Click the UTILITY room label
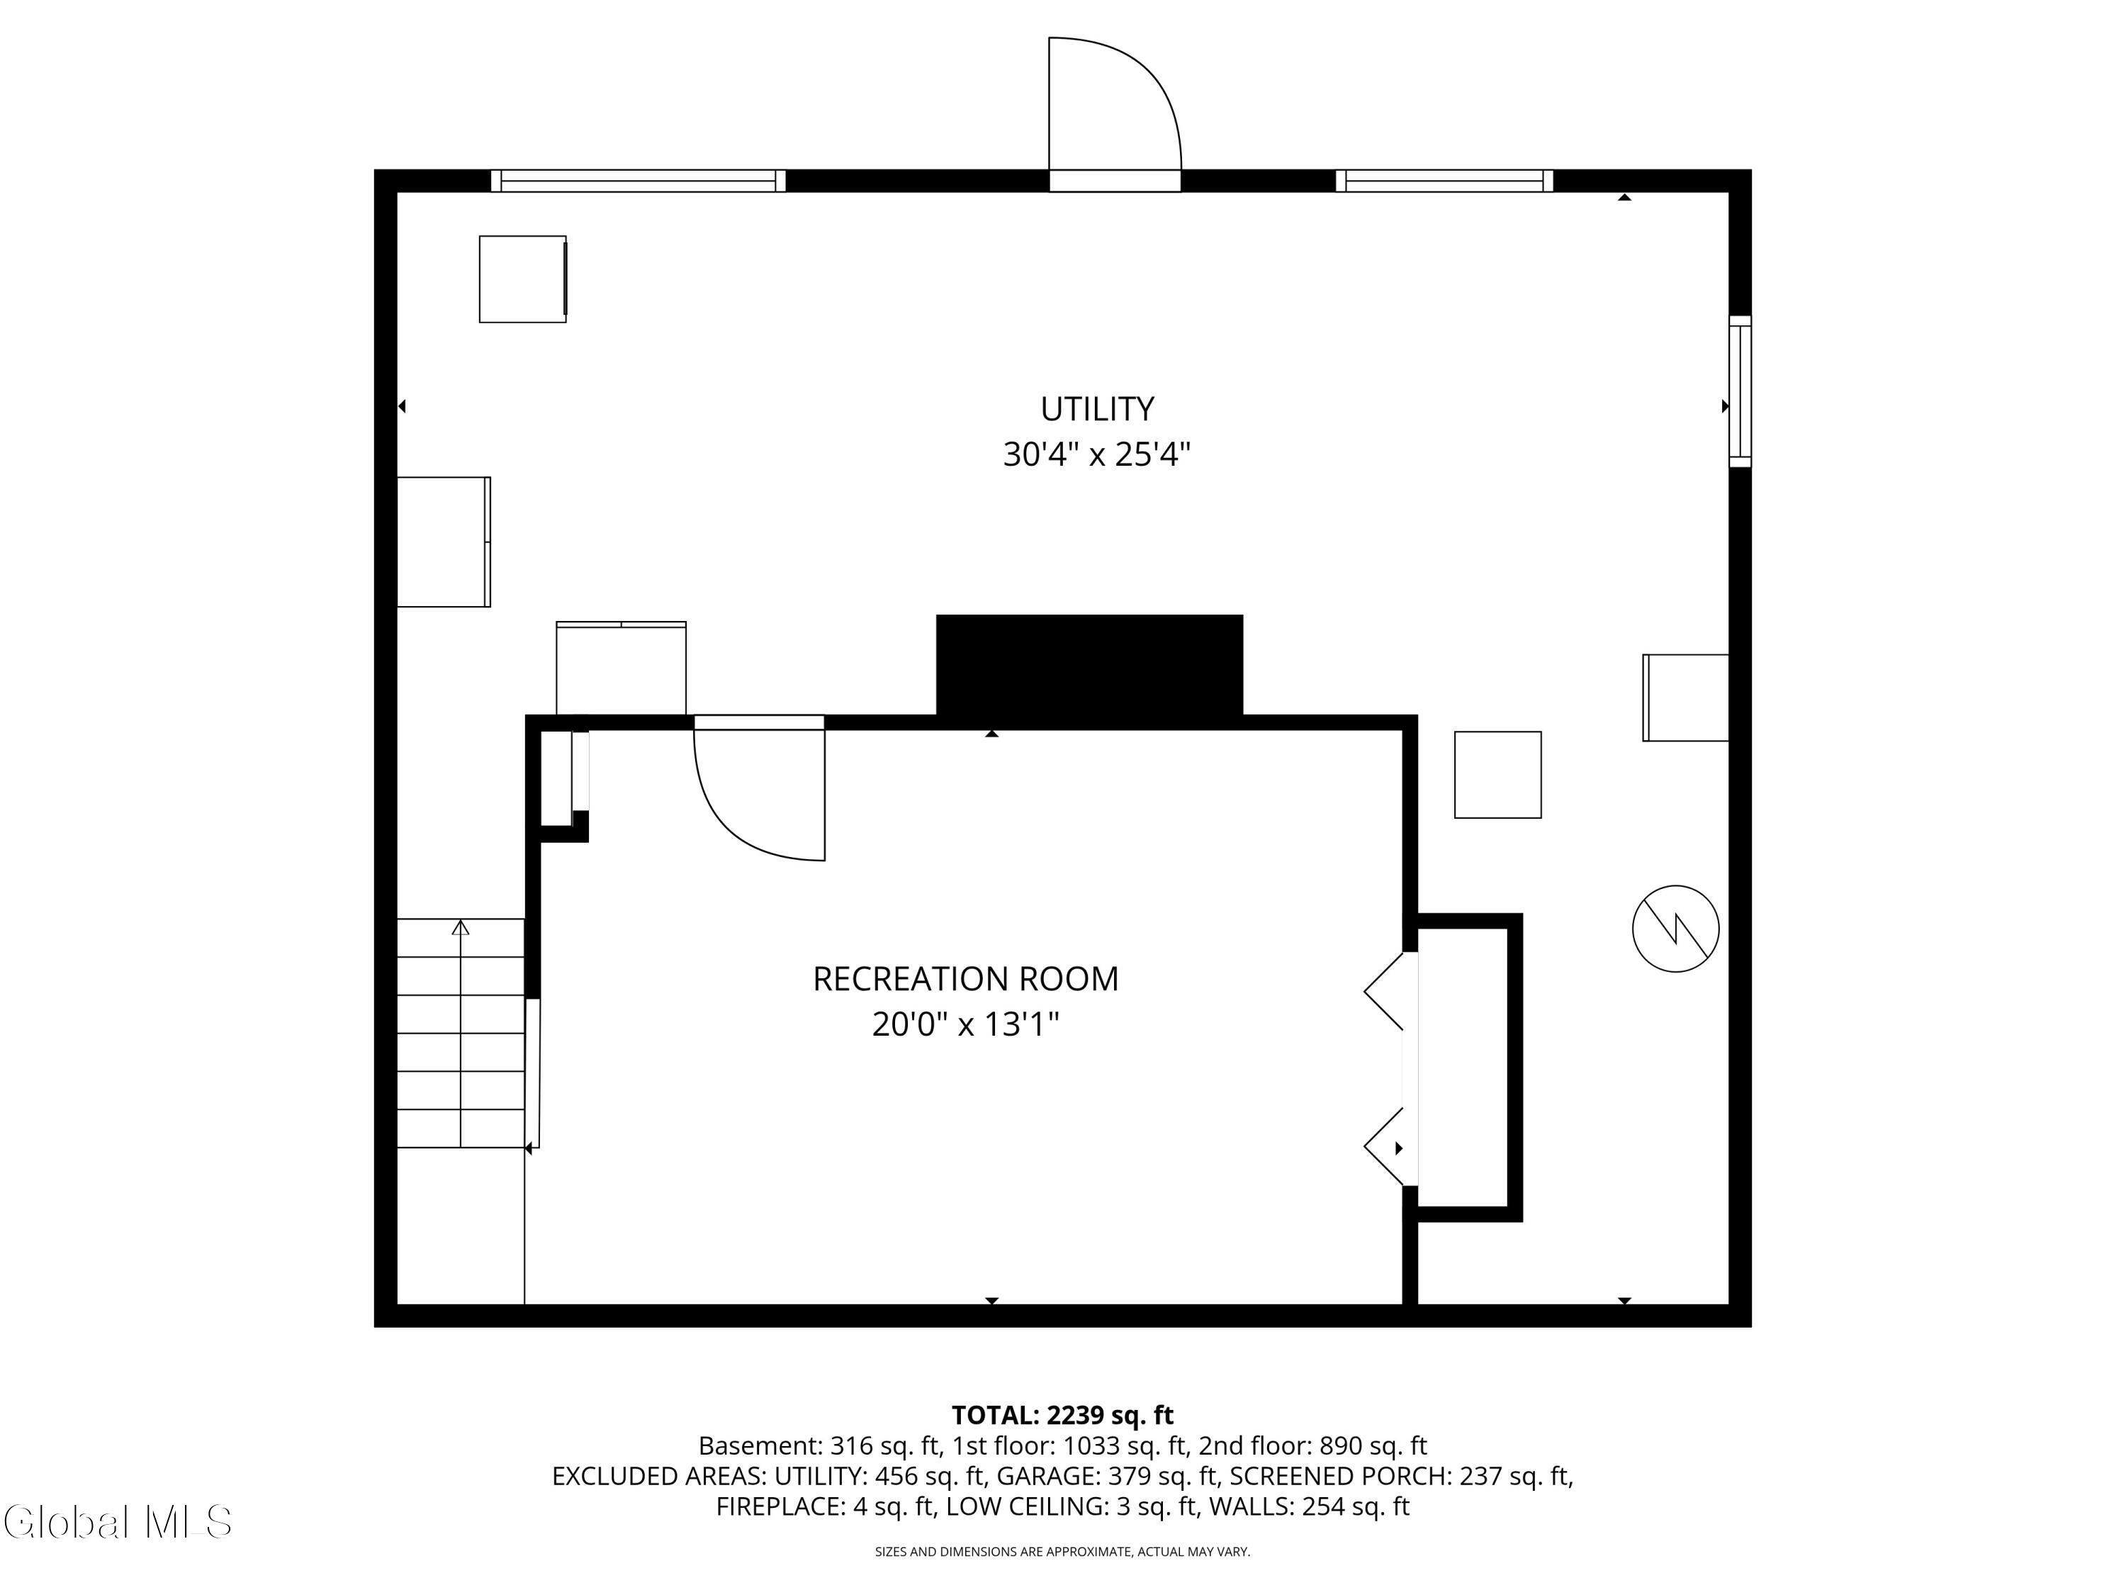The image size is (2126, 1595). point(1096,410)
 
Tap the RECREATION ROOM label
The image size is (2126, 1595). point(965,979)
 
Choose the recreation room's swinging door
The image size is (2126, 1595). point(759,793)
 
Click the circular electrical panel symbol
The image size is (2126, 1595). point(1675,929)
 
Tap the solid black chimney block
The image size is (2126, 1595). point(1089,666)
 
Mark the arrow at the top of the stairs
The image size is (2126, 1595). point(461,928)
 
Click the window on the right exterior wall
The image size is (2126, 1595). point(1740,391)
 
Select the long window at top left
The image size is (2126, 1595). point(639,181)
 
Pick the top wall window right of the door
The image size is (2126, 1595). point(1444,181)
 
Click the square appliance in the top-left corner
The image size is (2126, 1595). point(523,279)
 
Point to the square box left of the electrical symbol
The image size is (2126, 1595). point(1497,775)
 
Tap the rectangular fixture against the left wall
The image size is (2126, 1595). point(443,542)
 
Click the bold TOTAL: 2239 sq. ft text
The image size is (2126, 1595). point(1062,1415)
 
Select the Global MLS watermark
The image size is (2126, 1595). point(117,1522)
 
